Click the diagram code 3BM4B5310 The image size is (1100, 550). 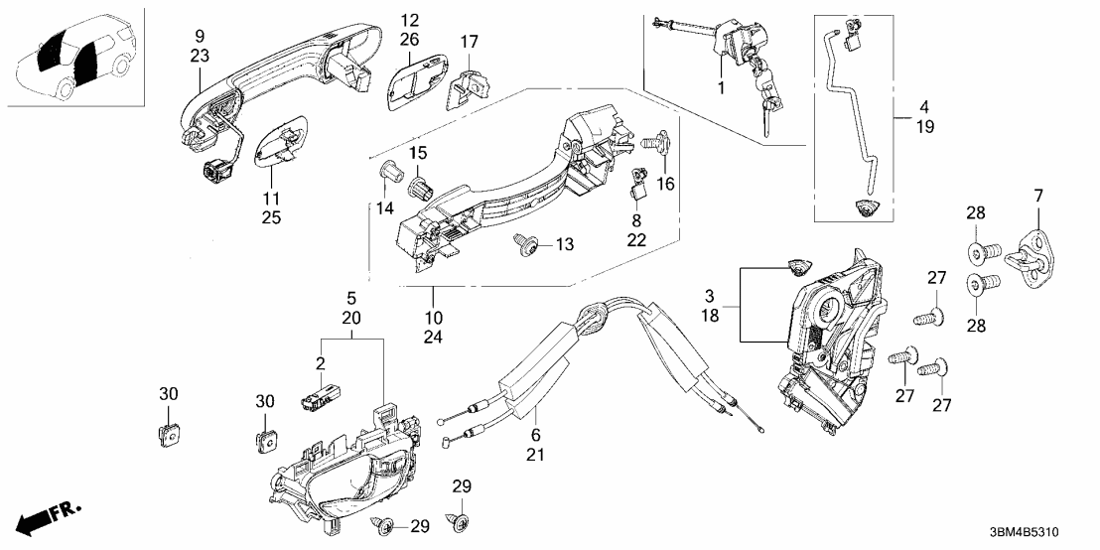[1037, 532]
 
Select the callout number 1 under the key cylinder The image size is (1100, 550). [722, 88]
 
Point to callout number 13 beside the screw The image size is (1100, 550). [565, 244]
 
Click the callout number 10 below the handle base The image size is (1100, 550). [434, 294]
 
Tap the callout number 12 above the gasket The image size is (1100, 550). [410, 19]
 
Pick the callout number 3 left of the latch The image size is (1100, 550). [709, 297]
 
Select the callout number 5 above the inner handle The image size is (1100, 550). [349, 297]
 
